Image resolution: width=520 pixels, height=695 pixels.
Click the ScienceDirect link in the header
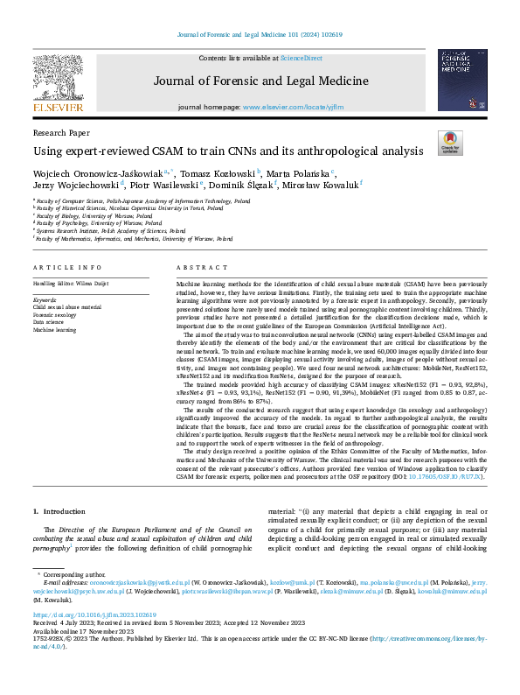coord(301,58)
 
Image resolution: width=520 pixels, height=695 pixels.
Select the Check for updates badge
coord(450,143)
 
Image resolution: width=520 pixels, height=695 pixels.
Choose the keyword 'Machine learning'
coord(54,330)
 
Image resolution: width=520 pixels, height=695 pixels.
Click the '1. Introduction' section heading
coord(59,510)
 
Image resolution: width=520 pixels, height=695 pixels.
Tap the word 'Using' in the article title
coord(46,151)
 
